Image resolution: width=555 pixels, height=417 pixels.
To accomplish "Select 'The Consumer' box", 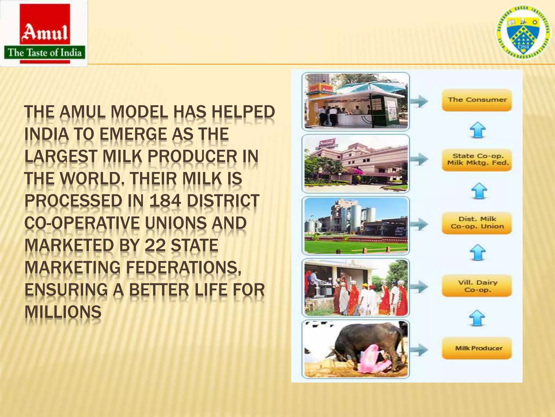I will point(477,100).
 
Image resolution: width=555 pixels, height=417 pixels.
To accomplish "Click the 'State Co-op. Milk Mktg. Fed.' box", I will point(477,159).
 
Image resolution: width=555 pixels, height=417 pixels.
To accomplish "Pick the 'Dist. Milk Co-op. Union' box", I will point(477,223).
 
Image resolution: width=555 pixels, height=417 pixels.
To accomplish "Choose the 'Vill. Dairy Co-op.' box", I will point(477,286).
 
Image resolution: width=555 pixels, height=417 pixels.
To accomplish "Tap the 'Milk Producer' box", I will point(477,348).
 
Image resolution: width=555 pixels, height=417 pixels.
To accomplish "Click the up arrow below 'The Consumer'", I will point(477,129).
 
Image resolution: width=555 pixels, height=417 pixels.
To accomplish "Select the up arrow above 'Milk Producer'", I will point(477,317).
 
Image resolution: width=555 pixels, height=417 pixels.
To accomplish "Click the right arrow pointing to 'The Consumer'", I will point(419,101).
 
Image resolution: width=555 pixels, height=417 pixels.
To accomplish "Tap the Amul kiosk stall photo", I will point(356,101).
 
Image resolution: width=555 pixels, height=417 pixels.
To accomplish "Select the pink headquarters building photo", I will point(356,163).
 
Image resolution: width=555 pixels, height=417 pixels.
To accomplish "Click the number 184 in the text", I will point(165,201).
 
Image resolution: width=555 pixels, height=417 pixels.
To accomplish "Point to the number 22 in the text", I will point(155,245).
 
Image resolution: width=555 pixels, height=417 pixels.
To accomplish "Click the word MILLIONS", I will point(63,312).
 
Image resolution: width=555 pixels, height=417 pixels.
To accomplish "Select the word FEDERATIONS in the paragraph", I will point(183,268).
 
